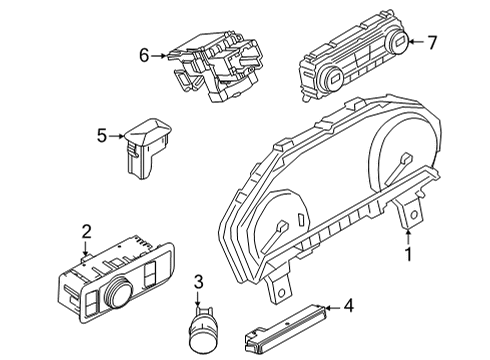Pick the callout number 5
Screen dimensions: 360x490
102,134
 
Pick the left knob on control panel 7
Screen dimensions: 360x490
325,79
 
